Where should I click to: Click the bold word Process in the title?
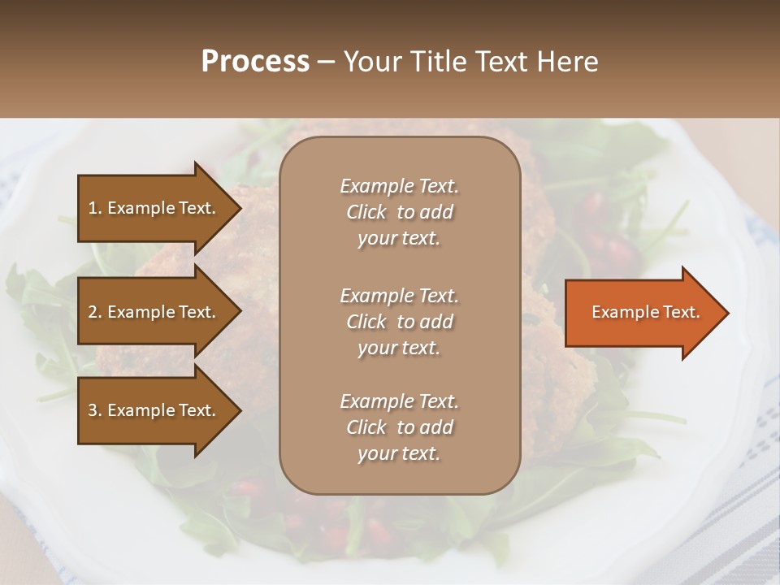coord(255,62)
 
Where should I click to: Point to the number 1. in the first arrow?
coord(95,208)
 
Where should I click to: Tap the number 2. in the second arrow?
coord(95,312)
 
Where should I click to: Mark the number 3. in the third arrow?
coord(95,410)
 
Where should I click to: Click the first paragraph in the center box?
coord(399,212)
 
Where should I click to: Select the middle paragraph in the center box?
coord(399,322)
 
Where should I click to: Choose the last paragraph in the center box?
coord(399,427)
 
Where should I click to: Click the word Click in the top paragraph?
coord(366,212)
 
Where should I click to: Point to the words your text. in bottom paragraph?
coord(399,453)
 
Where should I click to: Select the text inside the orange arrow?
coord(645,312)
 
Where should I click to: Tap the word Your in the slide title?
coord(370,62)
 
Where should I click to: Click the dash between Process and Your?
coord(326,63)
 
